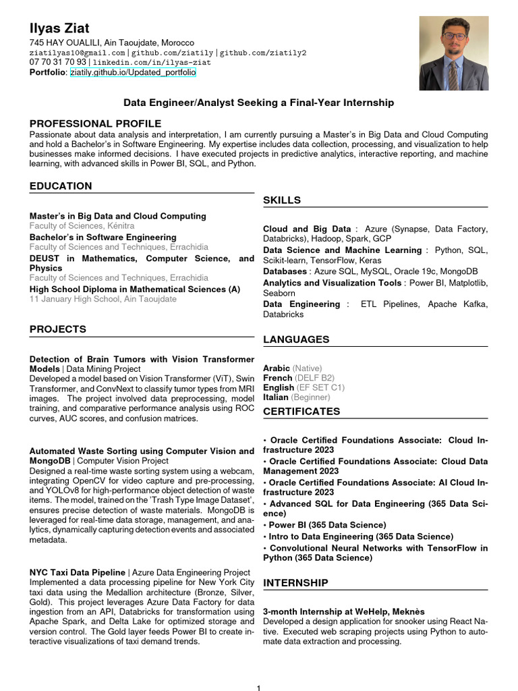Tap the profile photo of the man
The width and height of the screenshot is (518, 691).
pyautogui.click(x=453, y=54)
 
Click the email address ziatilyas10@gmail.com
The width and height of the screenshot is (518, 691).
pyautogui.click(x=77, y=53)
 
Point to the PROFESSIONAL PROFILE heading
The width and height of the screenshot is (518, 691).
pyautogui.click(x=95, y=123)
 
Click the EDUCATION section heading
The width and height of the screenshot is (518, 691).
pyautogui.click(x=61, y=186)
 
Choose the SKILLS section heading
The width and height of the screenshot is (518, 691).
pyautogui.click(x=282, y=200)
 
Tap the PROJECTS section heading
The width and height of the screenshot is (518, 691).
pyautogui.click(x=58, y=329)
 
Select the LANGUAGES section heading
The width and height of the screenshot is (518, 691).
pyautogui.click(x=296, y=339)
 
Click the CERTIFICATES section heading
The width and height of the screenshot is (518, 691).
pyautogui.click(x=301, y=412)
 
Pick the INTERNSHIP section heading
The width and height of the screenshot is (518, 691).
pyautogui.click(x=295, y=582)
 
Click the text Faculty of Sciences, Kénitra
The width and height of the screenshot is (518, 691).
pyautogui.click(x=82, y=225)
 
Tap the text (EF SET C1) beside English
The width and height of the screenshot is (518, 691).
pyautogui.click(x=320, y=388)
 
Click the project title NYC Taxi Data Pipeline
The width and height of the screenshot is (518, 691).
pyautogui.click(x=78, y=572)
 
